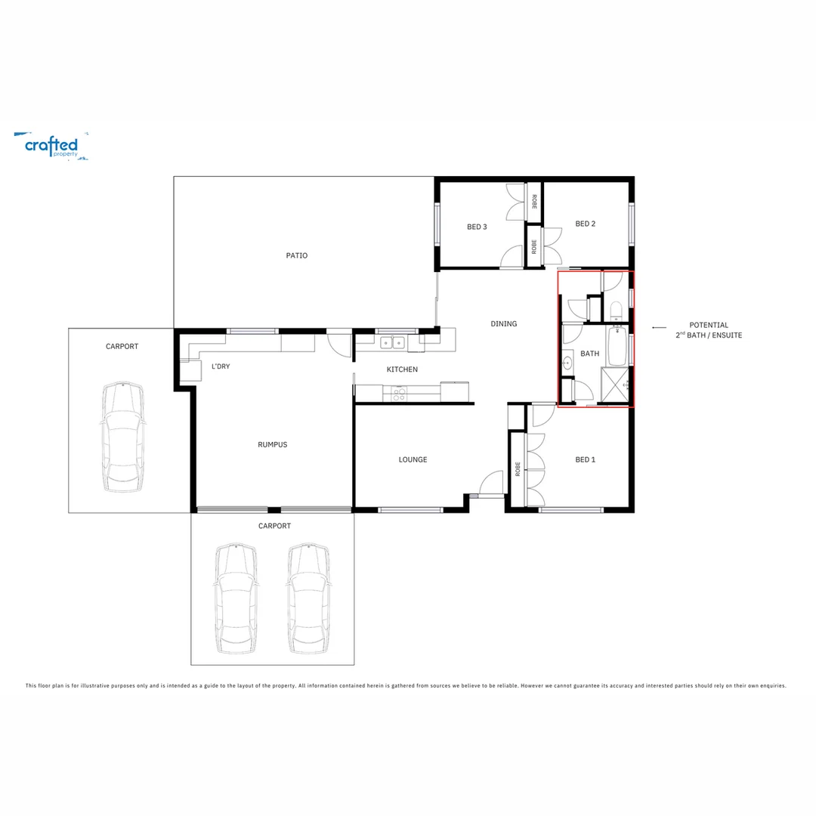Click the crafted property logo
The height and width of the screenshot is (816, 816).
(51, 145)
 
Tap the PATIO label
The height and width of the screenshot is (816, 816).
(297, 255)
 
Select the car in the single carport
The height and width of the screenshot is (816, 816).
(122, 437)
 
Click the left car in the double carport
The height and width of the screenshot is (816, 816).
(236, 598)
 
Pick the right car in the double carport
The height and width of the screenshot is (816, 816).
(308, 598)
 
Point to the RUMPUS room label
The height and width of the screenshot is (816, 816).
(272, 444)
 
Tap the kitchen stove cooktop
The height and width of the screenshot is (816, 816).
(398, 393)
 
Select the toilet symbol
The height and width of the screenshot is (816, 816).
(616, 310)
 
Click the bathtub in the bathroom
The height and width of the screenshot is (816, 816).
(617, 348)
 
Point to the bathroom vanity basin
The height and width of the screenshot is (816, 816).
(567, 364)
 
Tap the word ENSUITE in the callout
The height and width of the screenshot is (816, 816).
(725, 335)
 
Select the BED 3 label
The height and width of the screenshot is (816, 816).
(477, 227)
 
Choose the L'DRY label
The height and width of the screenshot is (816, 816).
(221, 366)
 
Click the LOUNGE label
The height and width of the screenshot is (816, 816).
(413, 459)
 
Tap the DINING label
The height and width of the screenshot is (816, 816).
(504, 323)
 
